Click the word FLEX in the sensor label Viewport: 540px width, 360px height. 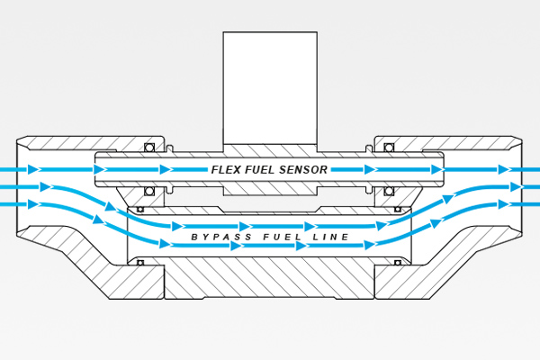(x=225, y=169)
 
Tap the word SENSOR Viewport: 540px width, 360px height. (x=302, y=169)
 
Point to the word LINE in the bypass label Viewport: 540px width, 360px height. (x=331, y=237)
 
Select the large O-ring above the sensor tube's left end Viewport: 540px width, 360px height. (x=150, y=147)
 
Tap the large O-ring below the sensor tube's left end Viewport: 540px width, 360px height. (x=150, y=191)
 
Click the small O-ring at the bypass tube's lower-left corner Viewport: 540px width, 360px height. (x=140, y=262)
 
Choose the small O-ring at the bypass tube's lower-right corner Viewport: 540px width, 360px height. (x=398, y=262)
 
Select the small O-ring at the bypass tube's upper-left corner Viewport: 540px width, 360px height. (x=140, y=210)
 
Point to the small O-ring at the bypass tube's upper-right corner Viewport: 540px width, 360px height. (x=398, y=210)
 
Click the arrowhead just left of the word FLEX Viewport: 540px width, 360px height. (x=165, y=169)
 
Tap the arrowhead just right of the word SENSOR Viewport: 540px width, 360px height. (x=369, y=169)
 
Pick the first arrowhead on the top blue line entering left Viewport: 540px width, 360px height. (x=34, y=169)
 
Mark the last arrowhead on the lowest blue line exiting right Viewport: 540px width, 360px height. (x=514, y=204)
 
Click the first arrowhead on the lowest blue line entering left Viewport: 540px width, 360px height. (x=34, y=204)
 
